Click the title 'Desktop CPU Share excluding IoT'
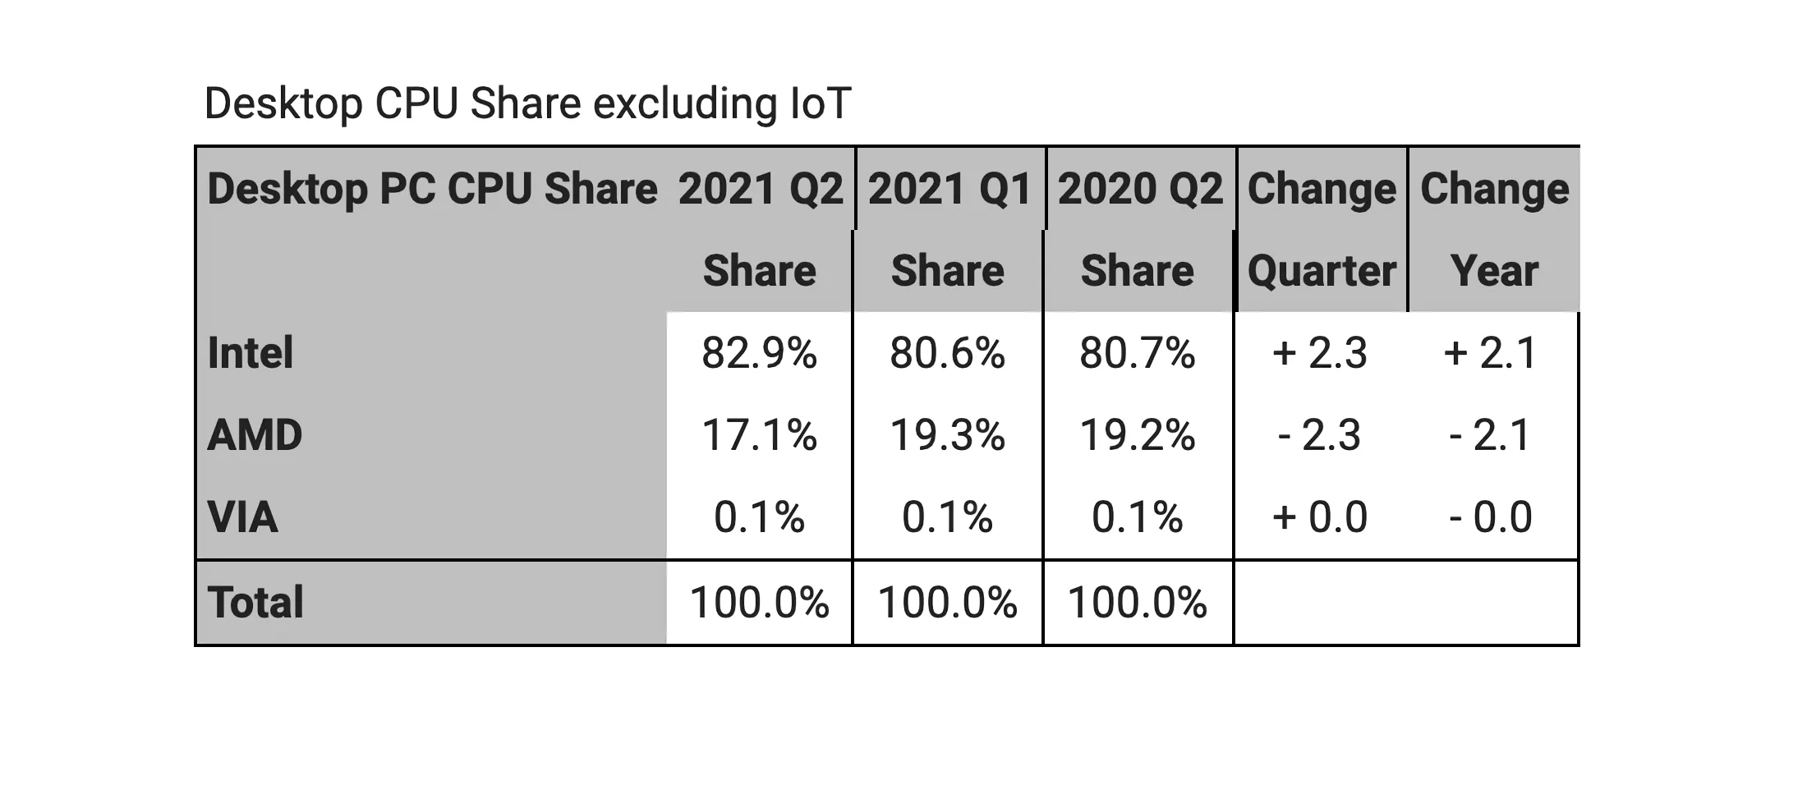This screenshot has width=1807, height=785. click(527, 103)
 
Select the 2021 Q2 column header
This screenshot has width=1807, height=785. click(761, 189)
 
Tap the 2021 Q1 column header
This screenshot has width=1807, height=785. click(949, 189)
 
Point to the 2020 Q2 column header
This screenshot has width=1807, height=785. click(1140, 189)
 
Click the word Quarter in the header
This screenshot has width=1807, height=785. click(1322, 271)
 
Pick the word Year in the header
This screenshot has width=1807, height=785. click(1494, 271)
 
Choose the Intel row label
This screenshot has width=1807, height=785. click(251, 353)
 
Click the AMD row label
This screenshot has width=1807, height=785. click(255, 435)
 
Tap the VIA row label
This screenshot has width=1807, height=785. click(243, 517)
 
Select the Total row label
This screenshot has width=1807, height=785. click(255, 602)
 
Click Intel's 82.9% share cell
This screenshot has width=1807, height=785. click(759, 353)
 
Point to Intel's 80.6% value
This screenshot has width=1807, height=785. click(947, 353)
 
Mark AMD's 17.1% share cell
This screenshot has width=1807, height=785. click(759, 435)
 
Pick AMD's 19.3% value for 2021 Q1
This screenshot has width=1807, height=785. click(947, 435)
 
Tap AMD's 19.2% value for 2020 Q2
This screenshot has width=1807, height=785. click(1137, 435)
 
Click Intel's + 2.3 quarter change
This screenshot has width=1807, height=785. click(1320, 353)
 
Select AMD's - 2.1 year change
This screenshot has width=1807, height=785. click(1490, 435)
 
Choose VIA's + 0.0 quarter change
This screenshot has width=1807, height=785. click(1320, 517)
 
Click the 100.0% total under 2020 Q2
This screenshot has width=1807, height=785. click(1137, 602)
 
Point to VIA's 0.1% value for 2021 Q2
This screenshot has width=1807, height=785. click(759, 517)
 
